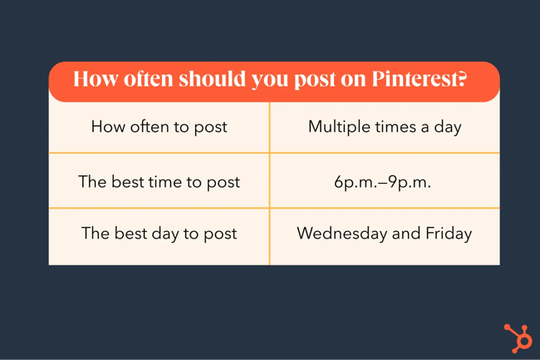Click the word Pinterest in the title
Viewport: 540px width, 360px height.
click(413, 81)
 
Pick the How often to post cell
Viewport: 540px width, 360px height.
click(159, 127)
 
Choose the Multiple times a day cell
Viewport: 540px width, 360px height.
click(385, 127)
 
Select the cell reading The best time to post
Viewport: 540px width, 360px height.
click(159, 181)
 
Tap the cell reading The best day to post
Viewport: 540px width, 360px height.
click(159, 234)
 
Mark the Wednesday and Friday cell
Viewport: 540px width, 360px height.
click(385, 234)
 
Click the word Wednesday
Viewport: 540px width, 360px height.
click(339, 234)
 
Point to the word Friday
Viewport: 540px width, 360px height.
click(449, 234)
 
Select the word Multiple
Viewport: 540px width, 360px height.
click(336, 127)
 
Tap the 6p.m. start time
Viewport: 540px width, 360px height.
click(355, 181)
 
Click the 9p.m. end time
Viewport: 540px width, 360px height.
click(412, 181)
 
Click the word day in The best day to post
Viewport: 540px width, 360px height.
click(179, 234)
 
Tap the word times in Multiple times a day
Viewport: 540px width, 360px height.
click(395, 127)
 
